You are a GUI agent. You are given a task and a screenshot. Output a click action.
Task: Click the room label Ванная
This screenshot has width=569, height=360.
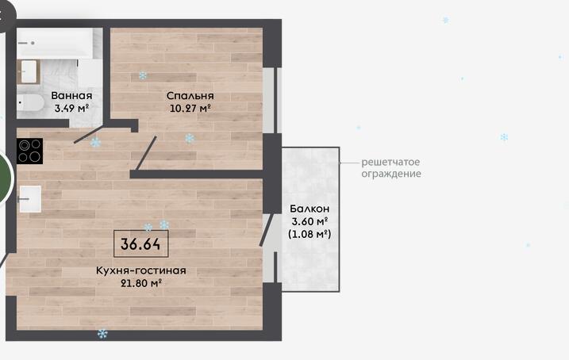pyautogui.click(x=71, y=96)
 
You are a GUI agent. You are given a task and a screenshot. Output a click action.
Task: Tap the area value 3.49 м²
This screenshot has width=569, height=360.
pyautogui.click(x=71, y=108)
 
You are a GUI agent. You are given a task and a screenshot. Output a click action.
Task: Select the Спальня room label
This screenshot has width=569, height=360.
pyautogui.click(x=190, y=96)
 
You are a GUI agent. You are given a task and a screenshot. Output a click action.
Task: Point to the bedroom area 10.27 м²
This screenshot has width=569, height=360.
pyautogui.click(x=190, y=108)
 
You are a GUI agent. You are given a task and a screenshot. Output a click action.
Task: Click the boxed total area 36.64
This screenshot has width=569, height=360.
pyautogui.click(x=140, y=244)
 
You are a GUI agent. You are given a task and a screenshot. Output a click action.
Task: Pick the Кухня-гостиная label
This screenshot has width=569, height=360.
pyautogui.click(x=140, y=270)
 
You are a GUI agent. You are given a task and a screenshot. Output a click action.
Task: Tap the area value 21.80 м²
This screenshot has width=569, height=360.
pyautogui.click(x=140, y=283)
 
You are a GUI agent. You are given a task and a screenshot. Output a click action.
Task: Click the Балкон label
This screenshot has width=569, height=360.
pyautogui.click(x=309, y=209)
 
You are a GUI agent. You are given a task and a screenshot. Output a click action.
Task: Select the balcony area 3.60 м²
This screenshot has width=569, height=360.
pyautogui.click(x=309, y=221)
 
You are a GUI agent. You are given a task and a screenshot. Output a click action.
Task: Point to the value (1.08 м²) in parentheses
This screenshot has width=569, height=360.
pyautogui.click(x=309, y=234)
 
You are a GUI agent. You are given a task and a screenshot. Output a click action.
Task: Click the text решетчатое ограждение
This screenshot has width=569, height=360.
pyautogui.click(x=391, y=168)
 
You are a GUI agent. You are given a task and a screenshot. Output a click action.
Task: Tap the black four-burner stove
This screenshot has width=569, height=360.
pyautogui.click(x=29, y=151)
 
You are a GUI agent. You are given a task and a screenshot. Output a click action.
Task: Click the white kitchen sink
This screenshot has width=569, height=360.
pyautogui.click(x=29, y=199)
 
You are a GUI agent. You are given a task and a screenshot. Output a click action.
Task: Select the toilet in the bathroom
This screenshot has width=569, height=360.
pyautogui.click(x=30, y=103)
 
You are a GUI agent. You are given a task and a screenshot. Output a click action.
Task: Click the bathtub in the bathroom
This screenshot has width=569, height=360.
pyautogui.click(x=56, y=43)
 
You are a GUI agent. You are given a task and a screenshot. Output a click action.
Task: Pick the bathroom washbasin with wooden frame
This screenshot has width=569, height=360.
pyautogui.click(x=29, y=72)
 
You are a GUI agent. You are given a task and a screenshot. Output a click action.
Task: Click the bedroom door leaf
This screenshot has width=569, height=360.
pyautogui.click(x=146, y=153)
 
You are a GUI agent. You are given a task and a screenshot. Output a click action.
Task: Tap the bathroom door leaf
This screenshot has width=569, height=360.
pyautogui.click(x=89, y=133)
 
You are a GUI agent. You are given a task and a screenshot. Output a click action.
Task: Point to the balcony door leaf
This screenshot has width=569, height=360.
pyautogui.click(x=266, y=230)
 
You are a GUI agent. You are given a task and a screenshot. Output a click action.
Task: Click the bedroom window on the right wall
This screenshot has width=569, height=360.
pyautogui.click(x=271, y=101)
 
